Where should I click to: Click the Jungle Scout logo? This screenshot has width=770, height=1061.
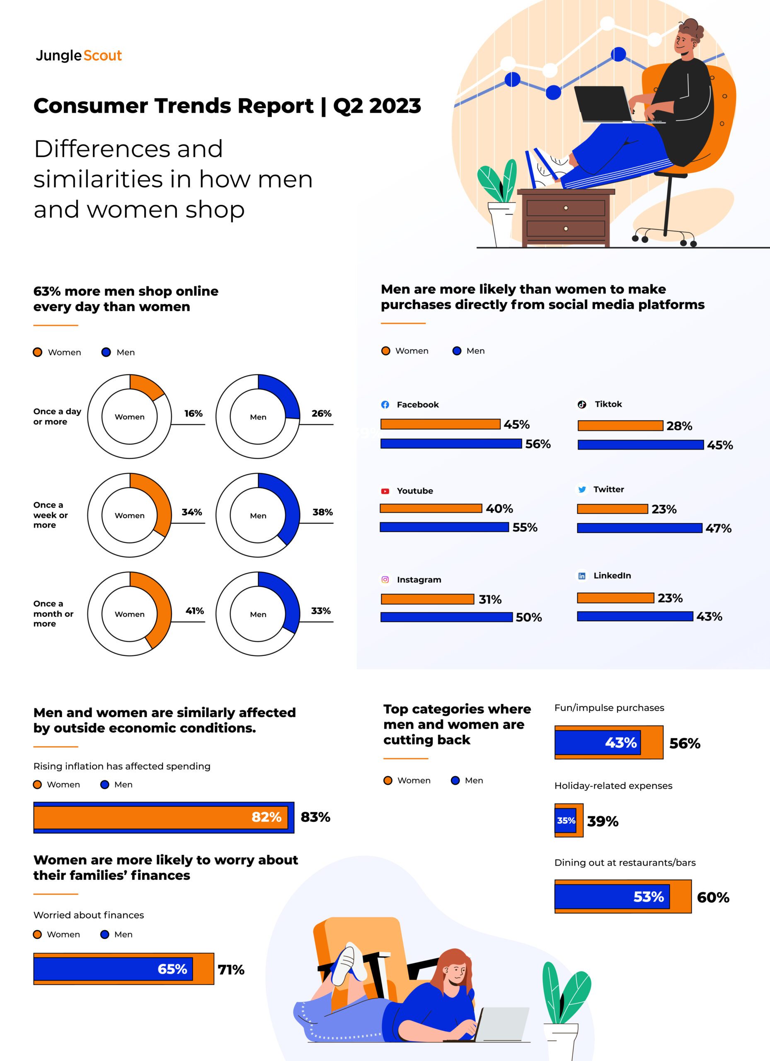79,56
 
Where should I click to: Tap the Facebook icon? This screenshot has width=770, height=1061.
385,405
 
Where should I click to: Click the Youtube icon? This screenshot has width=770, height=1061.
385,491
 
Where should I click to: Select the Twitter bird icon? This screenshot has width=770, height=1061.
582,489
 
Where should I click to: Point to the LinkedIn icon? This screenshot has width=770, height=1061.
581,576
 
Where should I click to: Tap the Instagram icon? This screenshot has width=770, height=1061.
385,580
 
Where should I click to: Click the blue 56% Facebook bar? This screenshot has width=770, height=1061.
451,443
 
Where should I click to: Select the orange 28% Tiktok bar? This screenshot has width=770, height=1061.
620,426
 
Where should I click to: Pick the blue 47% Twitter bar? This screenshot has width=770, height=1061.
639,528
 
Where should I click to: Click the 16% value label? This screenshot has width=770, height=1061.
193,414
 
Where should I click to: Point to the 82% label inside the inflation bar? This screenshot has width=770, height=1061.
266,817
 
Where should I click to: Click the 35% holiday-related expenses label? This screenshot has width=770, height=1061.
566,821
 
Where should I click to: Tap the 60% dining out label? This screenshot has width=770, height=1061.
713,897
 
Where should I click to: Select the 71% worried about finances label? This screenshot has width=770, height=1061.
231,970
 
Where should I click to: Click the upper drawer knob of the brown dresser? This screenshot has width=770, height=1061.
566,208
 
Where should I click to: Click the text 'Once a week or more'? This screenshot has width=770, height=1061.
50,515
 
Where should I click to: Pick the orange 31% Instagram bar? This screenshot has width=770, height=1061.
427,599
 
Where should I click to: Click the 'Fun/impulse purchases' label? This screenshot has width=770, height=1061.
609,708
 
